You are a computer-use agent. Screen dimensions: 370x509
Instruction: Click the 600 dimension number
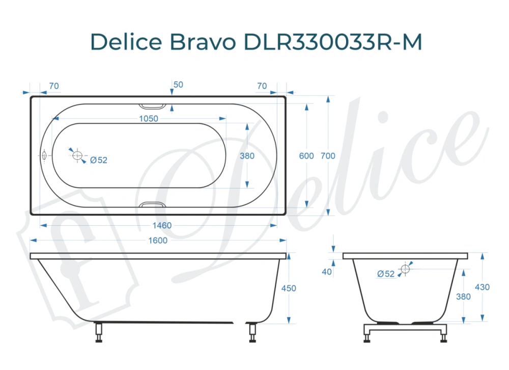[x=306, y=156]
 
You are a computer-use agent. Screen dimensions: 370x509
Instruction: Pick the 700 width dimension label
[x=328, y=156]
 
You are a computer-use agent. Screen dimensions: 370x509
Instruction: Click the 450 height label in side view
[x=289, y=288]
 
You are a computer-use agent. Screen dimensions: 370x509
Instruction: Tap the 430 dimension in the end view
[x=482, y=287]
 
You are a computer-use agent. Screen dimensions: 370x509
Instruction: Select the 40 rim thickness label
[x=327, y=272]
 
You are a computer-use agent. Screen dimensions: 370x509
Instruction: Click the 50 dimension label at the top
[x=178, y=85]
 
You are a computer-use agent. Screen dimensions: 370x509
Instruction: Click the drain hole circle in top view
[x=78, y=155]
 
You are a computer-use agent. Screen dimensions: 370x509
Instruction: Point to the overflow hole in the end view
[x=406, y=269]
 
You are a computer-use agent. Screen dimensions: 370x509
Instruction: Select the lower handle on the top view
[x=152, y=205]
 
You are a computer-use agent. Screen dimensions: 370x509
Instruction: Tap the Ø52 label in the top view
[x=99, y=160]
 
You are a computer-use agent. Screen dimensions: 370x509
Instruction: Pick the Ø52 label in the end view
[x=386, y=274]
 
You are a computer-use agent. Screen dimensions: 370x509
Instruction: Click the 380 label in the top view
[x=247, y=156]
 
